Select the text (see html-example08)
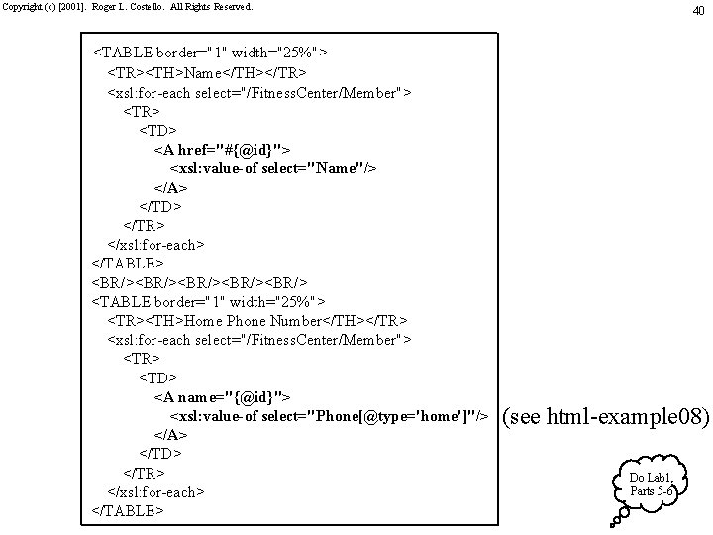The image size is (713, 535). click(x=606, y=417)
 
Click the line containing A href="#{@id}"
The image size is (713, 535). click(x=223, y=150)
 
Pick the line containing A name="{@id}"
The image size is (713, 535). click(x=222, y=397)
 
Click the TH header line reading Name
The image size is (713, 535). click(x=206, y=73)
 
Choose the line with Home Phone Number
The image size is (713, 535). click(x=256, y=320)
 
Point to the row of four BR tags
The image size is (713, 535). click(x=199, y=282)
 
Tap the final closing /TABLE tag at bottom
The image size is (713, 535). click(x=128, y=511)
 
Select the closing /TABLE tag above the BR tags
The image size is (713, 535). click(x=128, y=264)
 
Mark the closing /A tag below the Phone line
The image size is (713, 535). click(x=171, y=435)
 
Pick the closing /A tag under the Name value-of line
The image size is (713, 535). click(x=171, y=187)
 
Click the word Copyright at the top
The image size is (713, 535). click(x=20, y=6)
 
